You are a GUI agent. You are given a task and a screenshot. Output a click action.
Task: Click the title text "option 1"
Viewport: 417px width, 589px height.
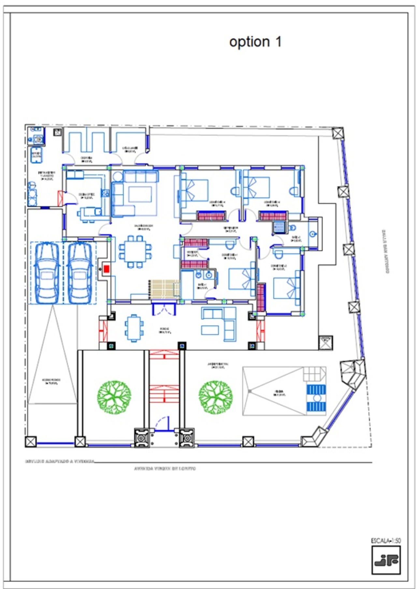pos(255,42)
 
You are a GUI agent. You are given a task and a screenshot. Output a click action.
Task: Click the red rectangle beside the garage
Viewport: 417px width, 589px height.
pos(107,269)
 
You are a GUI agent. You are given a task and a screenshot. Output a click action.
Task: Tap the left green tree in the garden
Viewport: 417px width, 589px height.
pos(114,397)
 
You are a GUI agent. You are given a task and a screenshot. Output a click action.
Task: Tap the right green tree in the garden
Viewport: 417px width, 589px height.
pos(216,397)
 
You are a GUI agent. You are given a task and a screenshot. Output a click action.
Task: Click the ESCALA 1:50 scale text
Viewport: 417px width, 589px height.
pos(386,541)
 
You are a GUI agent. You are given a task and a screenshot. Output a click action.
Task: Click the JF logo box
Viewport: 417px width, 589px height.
pos(386,560)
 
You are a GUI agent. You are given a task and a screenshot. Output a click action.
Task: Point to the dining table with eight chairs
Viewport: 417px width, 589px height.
pos(135,251)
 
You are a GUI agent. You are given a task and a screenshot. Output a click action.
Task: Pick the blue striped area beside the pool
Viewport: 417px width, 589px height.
pos(316,398)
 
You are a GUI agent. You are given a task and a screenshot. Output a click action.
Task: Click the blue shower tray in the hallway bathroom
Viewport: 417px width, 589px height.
pos(279,227)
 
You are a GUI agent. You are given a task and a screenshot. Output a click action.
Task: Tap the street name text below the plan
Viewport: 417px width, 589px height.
pos(165,469)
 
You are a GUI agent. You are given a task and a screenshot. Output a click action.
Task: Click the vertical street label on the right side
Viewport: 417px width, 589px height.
pos(385,251)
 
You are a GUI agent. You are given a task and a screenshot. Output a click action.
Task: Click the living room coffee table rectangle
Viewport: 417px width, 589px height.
pos(140,195)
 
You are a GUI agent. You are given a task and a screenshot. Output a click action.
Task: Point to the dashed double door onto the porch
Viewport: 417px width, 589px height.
pos(164,309)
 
